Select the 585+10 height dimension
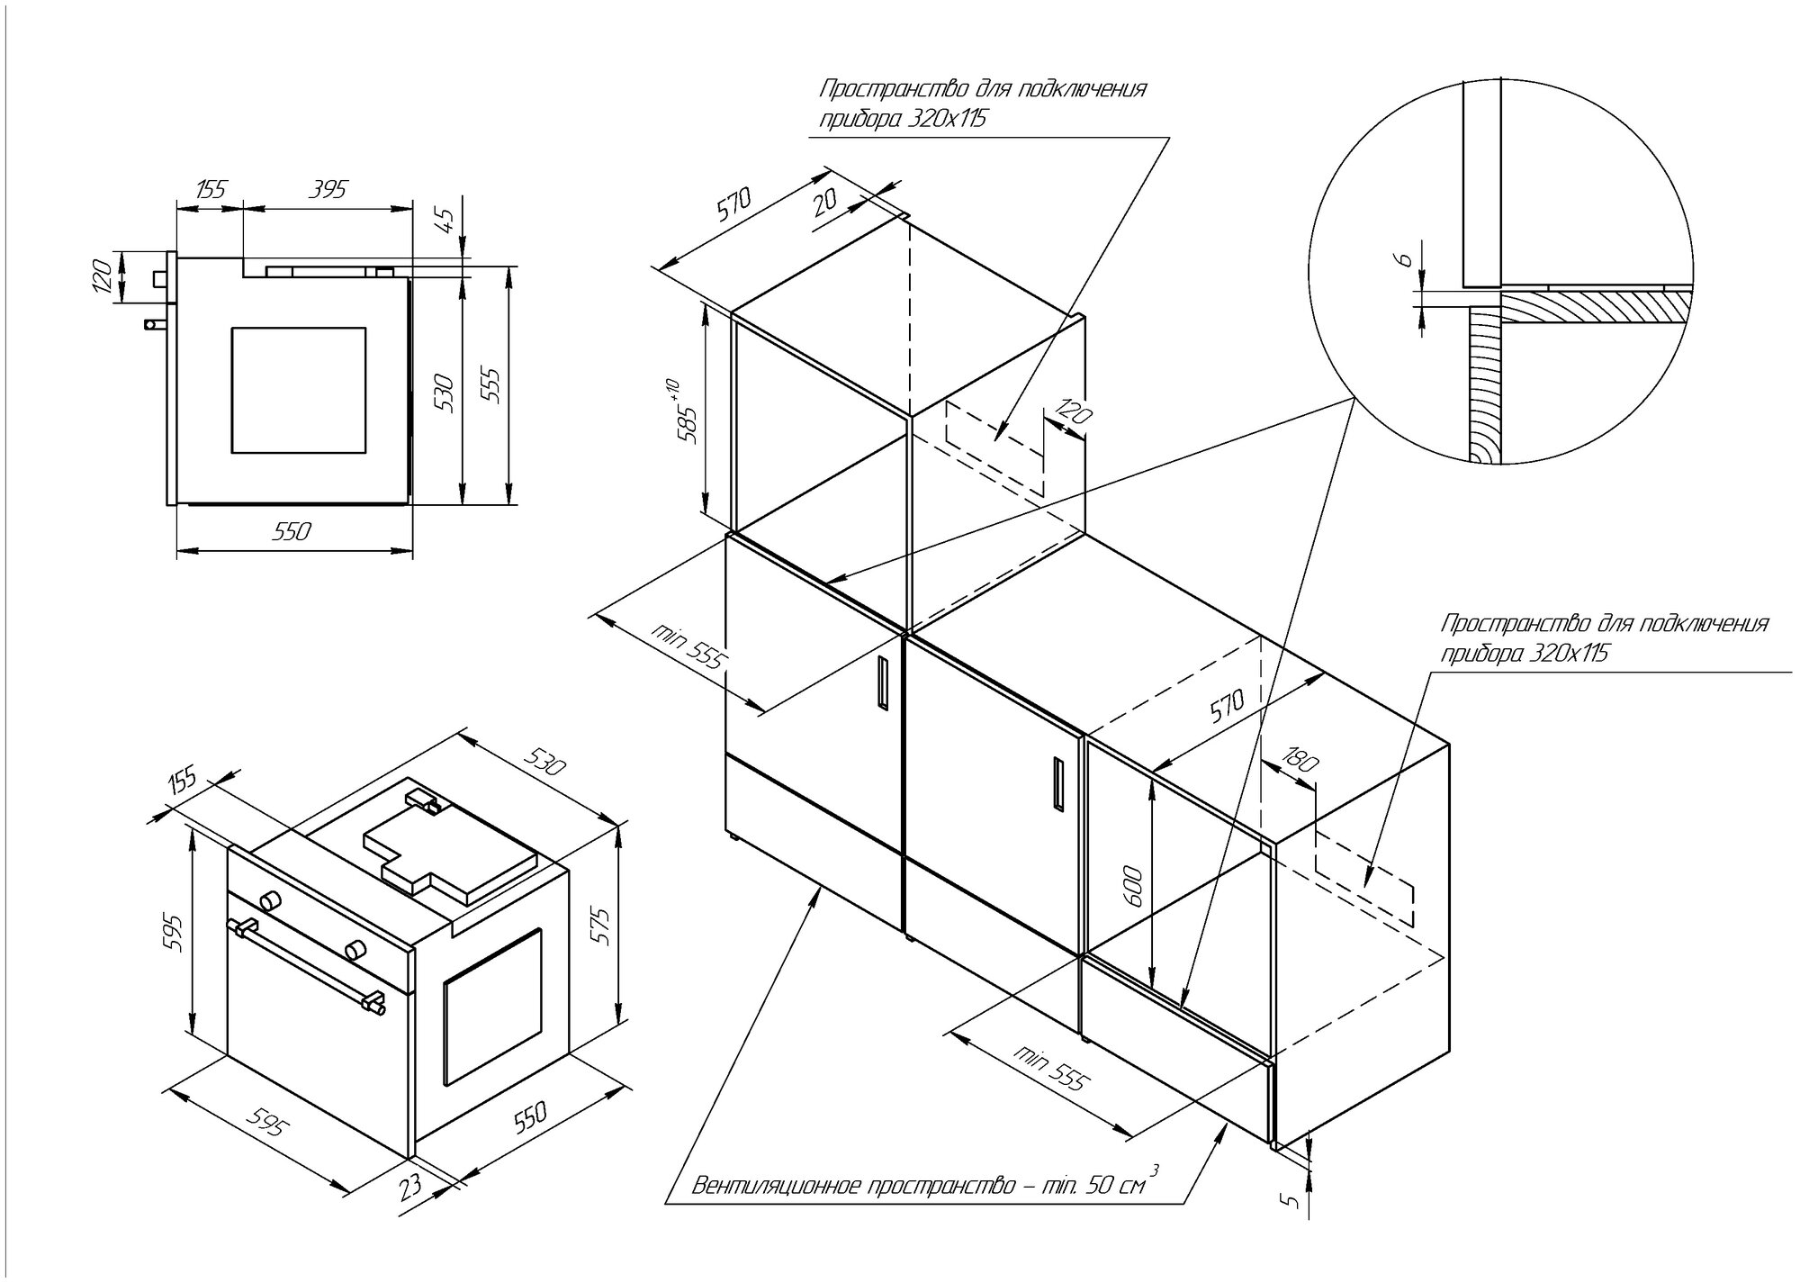pyautogui.click(x=687, y=412)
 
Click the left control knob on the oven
pyautogui.click(x=268, y=901)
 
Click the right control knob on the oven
pyautogui.click(x=355, y=948)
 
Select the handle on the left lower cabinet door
pyautogui.click(x=881, y=682)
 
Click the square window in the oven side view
pyautogui.click(x=299, y=390)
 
